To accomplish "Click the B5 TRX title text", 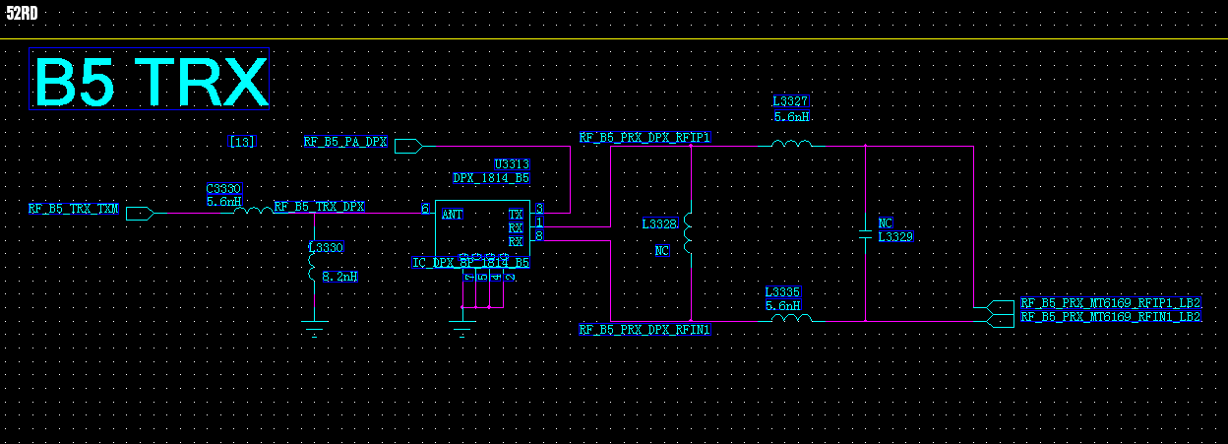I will (151, 81).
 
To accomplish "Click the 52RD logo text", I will (22, 13).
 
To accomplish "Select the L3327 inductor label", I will (790, 101).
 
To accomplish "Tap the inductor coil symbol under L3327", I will (791, 144).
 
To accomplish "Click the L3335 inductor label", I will (783, 292).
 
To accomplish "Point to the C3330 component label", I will (223, 188).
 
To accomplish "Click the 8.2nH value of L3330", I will (339, 277).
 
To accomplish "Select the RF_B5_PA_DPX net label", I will (344, 143).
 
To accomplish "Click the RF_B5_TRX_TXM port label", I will (73, 209).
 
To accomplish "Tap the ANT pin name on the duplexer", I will (453, 214).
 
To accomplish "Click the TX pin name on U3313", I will (516, 214).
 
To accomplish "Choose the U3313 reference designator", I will (512, 164).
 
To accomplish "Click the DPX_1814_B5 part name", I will (491, 178).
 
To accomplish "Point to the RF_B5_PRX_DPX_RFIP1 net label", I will (645, 138).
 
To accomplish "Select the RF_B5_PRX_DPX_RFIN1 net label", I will (645, 330).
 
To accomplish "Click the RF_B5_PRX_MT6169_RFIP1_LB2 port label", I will (1111, 303).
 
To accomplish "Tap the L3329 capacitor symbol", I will (865, 234).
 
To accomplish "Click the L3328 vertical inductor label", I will (659, 224).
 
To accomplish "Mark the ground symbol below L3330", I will (314, 329).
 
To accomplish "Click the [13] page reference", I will (242, 142).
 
